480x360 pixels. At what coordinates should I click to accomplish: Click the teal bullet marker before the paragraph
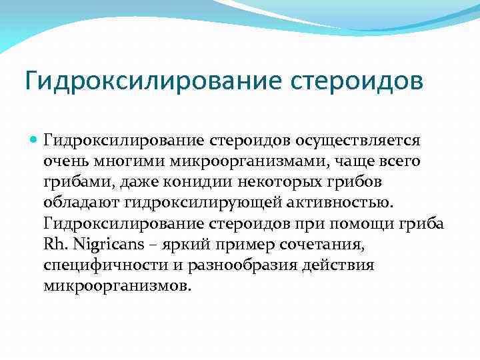33,142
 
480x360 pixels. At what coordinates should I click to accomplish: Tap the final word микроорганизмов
117,286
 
